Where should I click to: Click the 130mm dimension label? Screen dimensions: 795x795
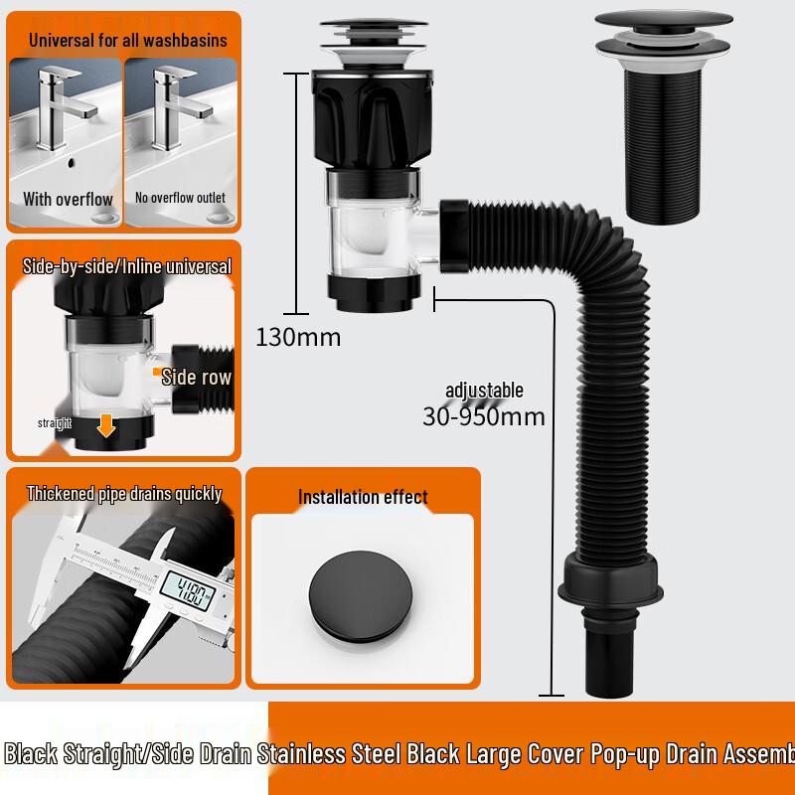pyautogui.click(x=298, y=337)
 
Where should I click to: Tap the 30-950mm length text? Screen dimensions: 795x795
pyautogui.click(x=484, y=416)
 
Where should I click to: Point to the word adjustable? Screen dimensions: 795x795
pyautogui.click(x=484, y=391)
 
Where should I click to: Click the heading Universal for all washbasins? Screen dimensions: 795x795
pyautogui.click(x=128, y=41)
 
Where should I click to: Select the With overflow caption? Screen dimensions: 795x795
pyautogui.click(x=68, y=199)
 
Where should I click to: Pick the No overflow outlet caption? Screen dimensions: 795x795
pyautogui.click(x=180, y=199)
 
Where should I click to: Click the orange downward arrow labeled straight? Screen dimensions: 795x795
pyautogui.click(x=106, y=424)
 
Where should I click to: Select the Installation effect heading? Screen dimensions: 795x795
pyautogui.click(x=363, y=497)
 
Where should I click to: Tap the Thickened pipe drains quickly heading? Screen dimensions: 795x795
pyautogui.click(x=124, y=494)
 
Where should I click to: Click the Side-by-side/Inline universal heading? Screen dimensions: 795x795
pyautogui.click(x=126, y=266)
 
